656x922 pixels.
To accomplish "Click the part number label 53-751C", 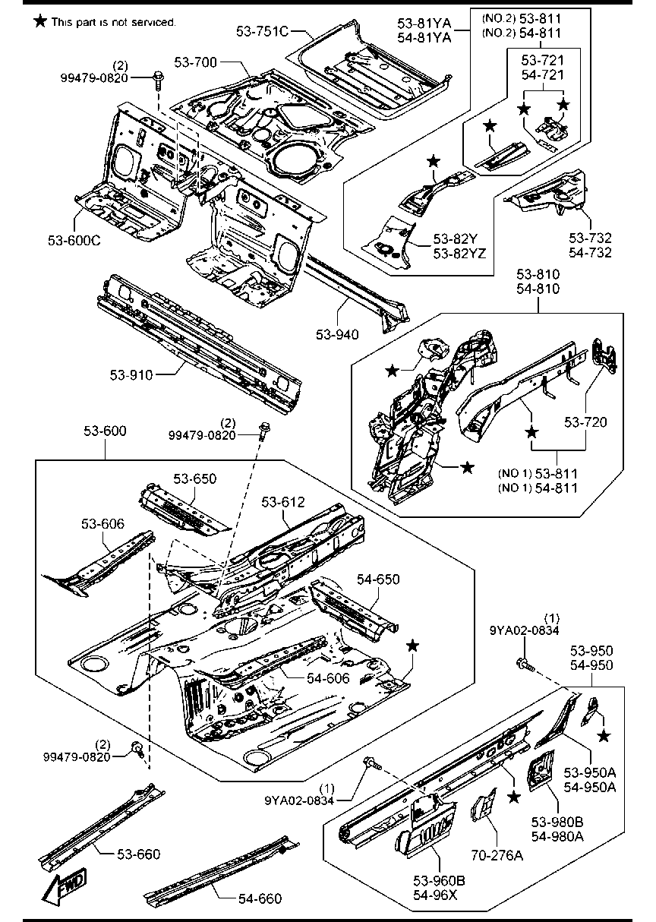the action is click(x=263, y=32).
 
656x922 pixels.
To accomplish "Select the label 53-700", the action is click(x=195, y=62).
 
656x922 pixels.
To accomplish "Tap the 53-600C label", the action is click(x=74, y=241).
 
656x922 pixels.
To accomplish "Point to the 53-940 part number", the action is click(x=337, y=334).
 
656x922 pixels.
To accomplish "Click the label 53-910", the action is click(x=131, y=375).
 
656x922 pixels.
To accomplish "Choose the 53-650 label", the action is click(x=194, y=478).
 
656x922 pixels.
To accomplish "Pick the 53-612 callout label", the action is click(x=283, y=502).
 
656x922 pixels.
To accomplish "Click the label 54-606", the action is click(x=328, y=678).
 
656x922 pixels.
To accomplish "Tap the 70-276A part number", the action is click(x=497, y=856).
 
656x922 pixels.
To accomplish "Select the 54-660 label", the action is click(x=260, y=898).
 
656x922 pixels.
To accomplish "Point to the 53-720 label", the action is click(x=585, y=422).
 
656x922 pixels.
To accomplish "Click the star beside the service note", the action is click(x=40, y=21).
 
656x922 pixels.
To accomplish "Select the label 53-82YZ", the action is click(x=459, y=253).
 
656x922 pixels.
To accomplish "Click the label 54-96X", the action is click(x=435, y=895).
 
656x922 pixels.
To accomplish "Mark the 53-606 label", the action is click(x=102, y=523).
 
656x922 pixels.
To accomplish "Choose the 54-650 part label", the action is click(x=378, y=579).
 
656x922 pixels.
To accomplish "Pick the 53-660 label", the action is click(x=139, y=854).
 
